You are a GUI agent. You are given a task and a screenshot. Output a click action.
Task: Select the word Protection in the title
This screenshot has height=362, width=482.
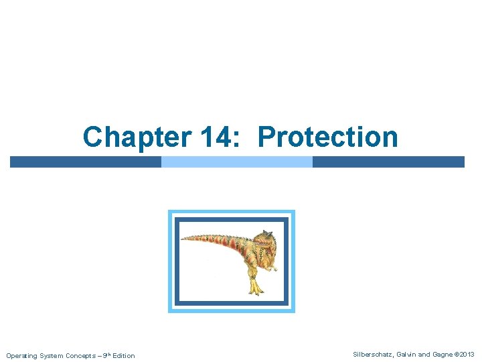327,137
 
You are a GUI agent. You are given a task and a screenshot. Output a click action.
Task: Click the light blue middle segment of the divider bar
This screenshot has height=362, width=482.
237,162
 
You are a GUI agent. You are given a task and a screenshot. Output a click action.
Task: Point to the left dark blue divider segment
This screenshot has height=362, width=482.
86,162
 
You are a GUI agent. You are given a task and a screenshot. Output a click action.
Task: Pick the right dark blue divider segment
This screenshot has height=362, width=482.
388,162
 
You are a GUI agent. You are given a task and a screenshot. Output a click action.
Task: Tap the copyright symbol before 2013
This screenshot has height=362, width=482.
457,354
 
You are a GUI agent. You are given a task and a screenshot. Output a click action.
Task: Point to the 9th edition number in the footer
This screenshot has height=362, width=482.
105,355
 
